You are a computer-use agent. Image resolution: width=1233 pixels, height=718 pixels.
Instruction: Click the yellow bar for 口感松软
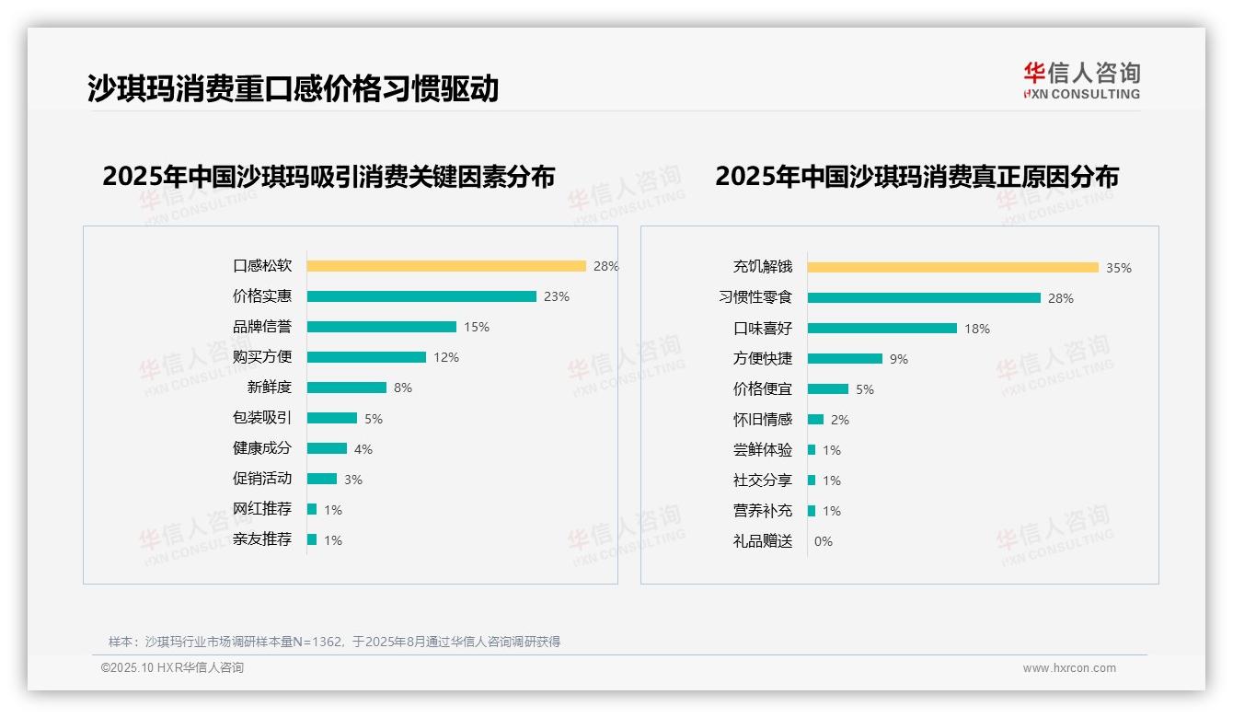pos(446,266)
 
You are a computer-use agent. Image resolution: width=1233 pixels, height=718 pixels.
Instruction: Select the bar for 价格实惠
pos(421,296)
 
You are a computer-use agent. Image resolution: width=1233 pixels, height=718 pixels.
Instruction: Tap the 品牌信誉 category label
pos(262,327)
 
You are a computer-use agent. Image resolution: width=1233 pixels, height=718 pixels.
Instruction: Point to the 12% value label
pos(446,357)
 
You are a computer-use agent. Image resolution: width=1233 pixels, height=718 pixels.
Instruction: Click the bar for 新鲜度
pos(347,388)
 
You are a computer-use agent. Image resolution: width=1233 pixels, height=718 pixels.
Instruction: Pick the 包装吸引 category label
pos(262,418)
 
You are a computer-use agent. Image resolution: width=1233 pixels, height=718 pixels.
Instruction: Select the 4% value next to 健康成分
pos(363,449)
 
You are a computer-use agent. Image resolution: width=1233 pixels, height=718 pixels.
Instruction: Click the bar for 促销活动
pos(322,479)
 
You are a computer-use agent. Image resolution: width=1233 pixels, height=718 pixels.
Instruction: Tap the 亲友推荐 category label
pos(262,539)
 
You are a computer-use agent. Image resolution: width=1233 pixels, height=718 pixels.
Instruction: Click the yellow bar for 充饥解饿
pos(953,267)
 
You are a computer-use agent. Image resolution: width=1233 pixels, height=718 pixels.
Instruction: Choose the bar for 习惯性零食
pos(924,297)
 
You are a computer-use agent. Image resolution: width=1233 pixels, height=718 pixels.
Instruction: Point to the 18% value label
pos(977,329)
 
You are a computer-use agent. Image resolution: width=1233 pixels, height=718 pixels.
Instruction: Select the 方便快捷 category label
pos(763,359)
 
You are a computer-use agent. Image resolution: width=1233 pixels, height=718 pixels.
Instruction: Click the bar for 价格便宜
pos(828,389)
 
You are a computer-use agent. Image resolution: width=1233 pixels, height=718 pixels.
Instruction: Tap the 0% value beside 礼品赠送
pos(824,541)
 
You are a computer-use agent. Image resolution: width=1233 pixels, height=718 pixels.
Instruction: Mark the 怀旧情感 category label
pos(763,420)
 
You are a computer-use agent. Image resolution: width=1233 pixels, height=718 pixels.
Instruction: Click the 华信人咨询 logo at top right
pos(1081,80)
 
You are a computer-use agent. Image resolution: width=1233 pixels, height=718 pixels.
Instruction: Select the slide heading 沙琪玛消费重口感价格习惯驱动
pos(293,88)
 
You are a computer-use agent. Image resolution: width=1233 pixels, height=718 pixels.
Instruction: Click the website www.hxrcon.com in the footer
pos(1069,668)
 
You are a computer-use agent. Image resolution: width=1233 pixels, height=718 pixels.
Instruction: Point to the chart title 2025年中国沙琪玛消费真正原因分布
pos(916,177)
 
